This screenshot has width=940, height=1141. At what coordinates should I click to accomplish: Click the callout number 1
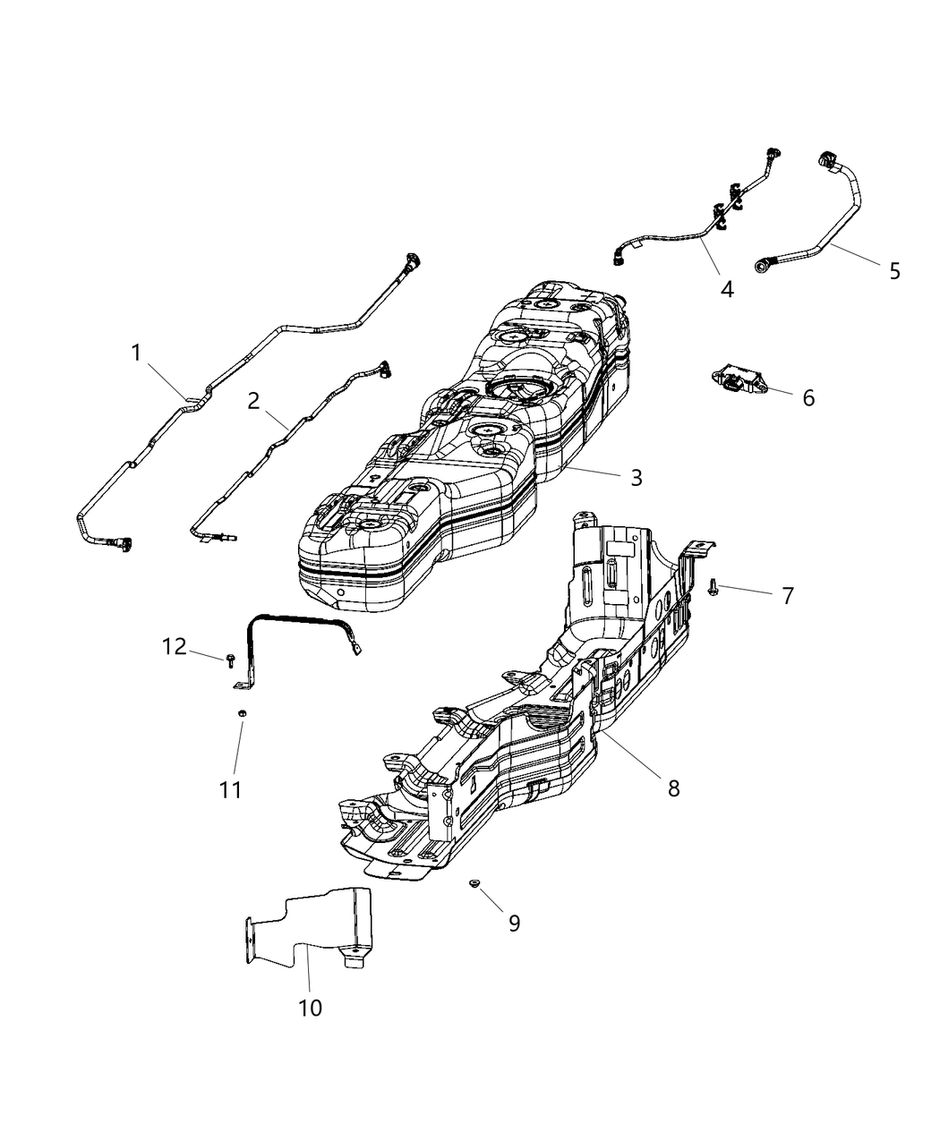pos(136,353)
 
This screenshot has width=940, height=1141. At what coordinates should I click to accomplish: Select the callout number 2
pos(254,400)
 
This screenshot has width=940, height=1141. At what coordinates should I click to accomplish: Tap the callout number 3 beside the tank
pos(636,477)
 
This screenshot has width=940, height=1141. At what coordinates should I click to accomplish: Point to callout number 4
pos(726,289)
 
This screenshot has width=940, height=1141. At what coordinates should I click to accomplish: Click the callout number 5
pos(894,270)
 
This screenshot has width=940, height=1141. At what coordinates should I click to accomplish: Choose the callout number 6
pos(808,397)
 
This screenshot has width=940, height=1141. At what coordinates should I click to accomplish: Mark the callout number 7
pos(787,595)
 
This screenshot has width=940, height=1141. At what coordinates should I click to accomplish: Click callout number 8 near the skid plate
pos(673,788)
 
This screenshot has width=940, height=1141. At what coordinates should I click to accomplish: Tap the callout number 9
pos(514,923)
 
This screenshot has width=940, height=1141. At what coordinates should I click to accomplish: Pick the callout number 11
pos(231,790)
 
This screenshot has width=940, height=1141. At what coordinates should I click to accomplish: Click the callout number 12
pos(175,645)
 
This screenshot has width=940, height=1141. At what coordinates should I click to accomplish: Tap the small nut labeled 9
pos(474,884)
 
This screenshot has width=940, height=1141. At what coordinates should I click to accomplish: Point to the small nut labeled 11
pos(241,712)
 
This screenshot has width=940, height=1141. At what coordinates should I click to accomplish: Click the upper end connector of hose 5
pos(824,162)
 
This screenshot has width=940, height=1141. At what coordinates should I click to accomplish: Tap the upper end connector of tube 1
pos(414,261)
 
